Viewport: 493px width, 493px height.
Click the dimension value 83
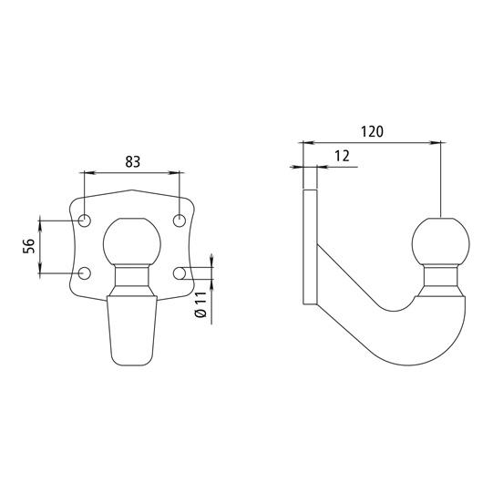(x=133, y=162)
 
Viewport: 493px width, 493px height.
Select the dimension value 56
(x=28, y=246)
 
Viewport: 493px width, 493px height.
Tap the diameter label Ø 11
(x=200, y=304)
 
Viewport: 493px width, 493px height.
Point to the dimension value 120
(x=372, y=132)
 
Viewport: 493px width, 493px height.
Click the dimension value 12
(x=342, y=156)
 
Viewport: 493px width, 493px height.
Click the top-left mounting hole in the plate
(x=84, y=221)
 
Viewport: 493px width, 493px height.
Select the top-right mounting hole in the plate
(x=180, y=221)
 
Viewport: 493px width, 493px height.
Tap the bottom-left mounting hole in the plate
(x=84, y=273)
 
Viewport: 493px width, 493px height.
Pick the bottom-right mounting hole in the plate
(x=180, y=273)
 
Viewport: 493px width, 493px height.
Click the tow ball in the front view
(x=132, y=242)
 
